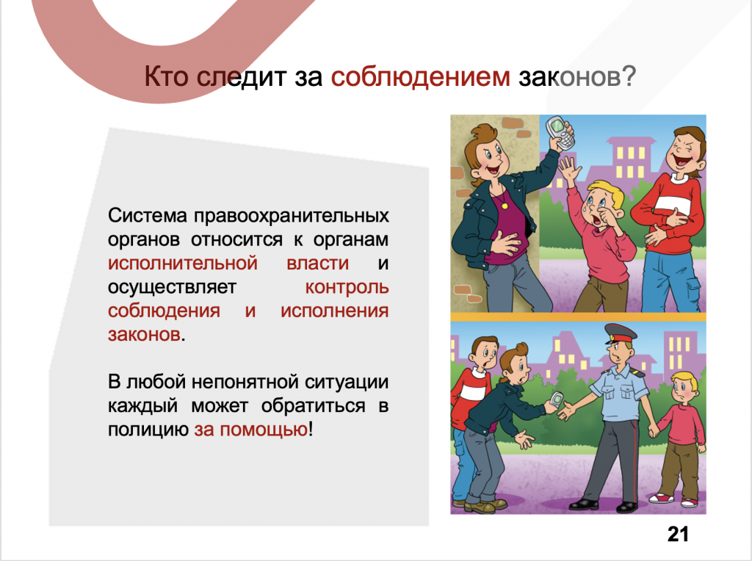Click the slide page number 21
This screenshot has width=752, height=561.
coord(678,534)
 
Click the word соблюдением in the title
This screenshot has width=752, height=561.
coord(420,76)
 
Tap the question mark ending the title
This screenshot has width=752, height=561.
coord(629,76)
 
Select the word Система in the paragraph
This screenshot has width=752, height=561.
coord(147,215)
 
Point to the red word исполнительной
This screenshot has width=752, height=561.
coord(183,263)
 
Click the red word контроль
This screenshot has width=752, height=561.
coord(347,287)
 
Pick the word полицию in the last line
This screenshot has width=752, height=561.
coord(148,430)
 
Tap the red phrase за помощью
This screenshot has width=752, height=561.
coord(251,430)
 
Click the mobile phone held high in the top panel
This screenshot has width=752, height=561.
coord(560,132)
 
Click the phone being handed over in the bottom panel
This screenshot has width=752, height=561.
coord(557,401)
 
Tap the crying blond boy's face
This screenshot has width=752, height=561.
coord(597,205)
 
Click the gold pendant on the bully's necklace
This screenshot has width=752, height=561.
coord(504,206)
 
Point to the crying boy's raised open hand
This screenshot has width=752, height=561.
coord(570,170)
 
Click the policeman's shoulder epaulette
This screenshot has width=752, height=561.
coord(637,372)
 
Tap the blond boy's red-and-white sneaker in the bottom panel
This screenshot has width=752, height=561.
coord(688,502)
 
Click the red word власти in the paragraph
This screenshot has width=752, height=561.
coord(317,263)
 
